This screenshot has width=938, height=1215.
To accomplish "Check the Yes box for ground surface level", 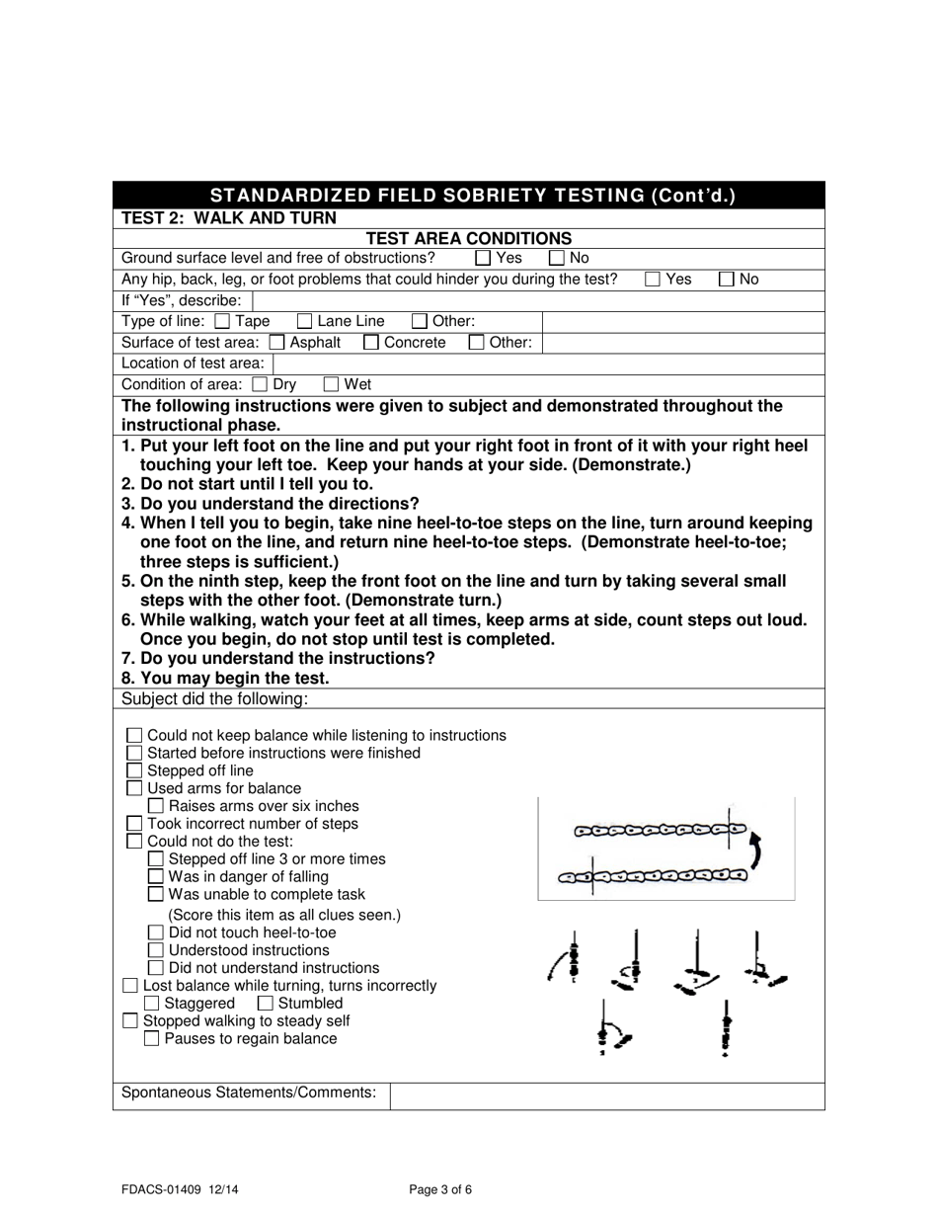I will click(x=483, y=258).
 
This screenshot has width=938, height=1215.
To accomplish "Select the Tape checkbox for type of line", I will click(x=222, y=321).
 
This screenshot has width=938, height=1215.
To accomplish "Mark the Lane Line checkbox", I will click(x=305, y=321).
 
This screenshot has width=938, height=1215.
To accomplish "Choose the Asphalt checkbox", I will click(x=277, y=343).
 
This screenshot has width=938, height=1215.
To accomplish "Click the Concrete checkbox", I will click(x=371, y=343).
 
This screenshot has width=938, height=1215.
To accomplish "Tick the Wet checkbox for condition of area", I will click(x=332, y=384).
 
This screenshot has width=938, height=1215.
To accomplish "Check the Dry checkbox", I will click(x=261, y=384).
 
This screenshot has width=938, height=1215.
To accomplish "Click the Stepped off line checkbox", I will click(x=135, y=770).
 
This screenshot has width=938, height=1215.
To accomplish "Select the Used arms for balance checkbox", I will click(x=135, y=788).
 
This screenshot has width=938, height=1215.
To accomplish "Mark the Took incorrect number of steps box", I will click(x=135, y=824).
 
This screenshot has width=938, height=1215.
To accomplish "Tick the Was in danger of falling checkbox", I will click(x=156, y=876).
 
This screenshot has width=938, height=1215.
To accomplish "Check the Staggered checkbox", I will click(x=152, y=1004).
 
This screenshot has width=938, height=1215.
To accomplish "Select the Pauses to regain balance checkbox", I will click(x=152, y=1039).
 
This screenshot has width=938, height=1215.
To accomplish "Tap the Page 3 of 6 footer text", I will click(x=440, y=1189).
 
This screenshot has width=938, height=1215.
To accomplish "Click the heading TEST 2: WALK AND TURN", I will click(x=228, y=218).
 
